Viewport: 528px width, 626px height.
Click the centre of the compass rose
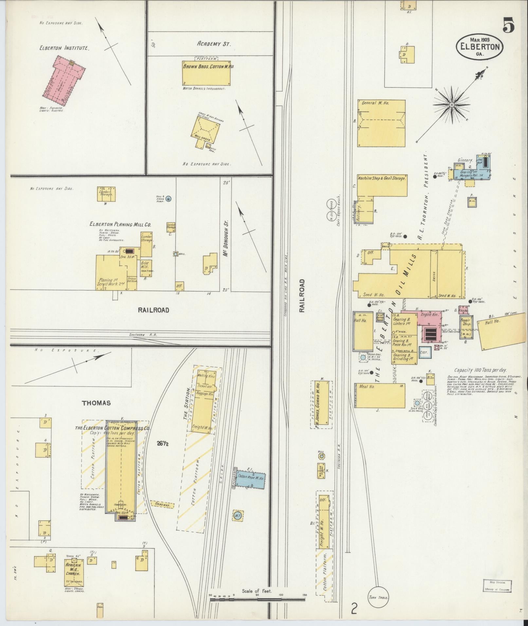(451, 105)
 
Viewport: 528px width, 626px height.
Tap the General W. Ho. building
(381, 123)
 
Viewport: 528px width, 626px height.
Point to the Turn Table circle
(378, 597)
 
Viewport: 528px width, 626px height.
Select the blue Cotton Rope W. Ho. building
(250, 480)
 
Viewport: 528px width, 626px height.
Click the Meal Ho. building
(380, 396)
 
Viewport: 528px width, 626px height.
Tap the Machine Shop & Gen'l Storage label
(382, 179)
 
